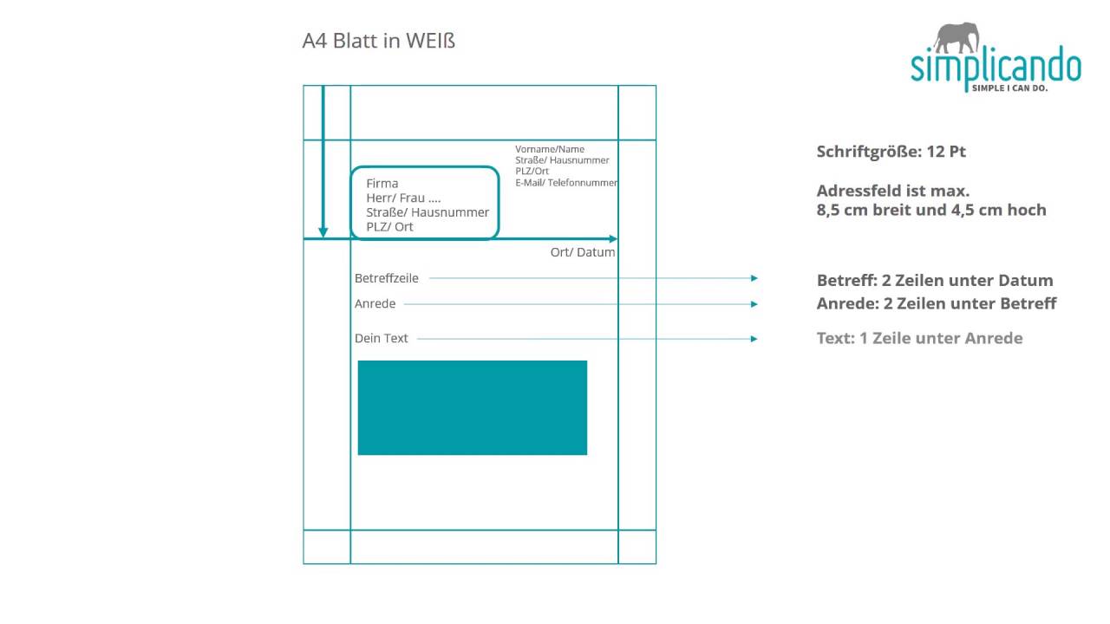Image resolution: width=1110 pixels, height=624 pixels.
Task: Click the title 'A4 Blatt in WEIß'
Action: coord(379,41)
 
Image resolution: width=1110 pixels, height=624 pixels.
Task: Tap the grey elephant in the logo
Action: coord(957,37)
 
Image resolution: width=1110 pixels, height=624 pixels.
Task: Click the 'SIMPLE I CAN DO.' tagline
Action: coord(1010,88)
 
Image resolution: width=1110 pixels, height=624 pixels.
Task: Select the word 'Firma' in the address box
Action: coord(382,183)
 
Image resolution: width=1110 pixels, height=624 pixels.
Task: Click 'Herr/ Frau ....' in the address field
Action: coord(403,198)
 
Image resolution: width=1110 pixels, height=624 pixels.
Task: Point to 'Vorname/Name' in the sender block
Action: coord(550,149)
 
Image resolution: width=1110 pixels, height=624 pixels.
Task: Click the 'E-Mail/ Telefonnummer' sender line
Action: coord(566,183)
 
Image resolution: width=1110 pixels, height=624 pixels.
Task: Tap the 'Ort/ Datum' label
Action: coord(583,252)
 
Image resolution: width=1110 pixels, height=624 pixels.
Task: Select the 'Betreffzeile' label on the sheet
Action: coord(387,278)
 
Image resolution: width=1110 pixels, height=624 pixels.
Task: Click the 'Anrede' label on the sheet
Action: coord(375,303)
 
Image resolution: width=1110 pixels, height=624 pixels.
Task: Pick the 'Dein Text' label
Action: coord(381,338)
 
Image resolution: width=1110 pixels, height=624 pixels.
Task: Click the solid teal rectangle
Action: coord(473,407)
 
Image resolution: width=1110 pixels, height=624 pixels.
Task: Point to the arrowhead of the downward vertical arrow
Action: coord(323,232)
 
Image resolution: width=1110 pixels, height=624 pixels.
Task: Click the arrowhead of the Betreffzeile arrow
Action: coord(754,278)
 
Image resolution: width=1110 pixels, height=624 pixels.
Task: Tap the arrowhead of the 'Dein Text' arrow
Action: coord(754,339)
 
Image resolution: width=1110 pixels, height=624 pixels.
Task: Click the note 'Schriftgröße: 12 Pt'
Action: coord(891,152)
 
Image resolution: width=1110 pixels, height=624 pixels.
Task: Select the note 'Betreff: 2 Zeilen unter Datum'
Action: coord(935,280)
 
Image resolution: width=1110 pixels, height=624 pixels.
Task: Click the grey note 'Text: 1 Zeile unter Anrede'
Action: coord(920,338)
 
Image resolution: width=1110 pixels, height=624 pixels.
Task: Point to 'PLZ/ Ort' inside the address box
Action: coord(389,227)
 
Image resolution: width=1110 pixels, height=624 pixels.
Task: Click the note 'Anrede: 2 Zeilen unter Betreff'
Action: coord(937,303)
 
